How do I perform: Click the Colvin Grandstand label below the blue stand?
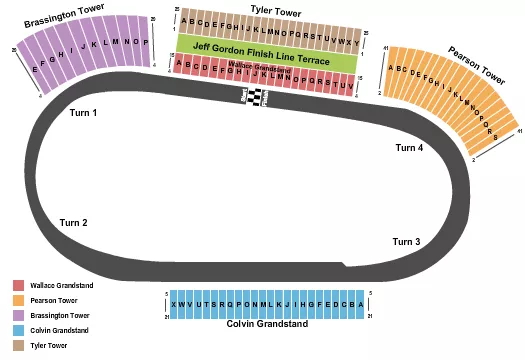[x=266, y=324]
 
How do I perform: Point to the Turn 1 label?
[x=84, y=113]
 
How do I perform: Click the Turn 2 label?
[x=73, y=222]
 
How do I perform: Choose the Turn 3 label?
[x=406, y=242]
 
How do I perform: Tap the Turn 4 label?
[x=409, y=148]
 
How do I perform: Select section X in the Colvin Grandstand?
[x=176, y=304]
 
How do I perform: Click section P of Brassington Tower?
[x=146, y=43]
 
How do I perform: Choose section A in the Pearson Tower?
[x=392, y=68]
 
